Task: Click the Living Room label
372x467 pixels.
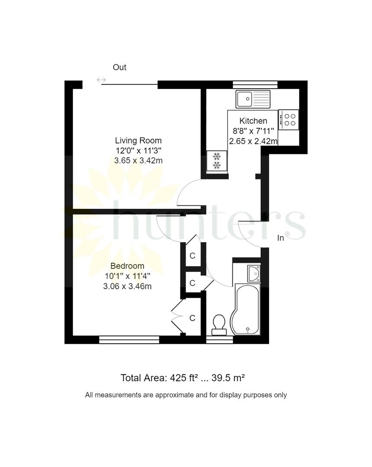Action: pyautogui.click(x=138, y=141)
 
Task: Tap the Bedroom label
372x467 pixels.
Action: pyautogui.click(x=127, y=266)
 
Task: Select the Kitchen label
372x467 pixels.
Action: pyautogui.click(x=253, y=121)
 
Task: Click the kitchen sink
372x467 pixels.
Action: pyautogui.click(x=253, y=99)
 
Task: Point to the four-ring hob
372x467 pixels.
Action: pyautogui.click(x=289, y=120)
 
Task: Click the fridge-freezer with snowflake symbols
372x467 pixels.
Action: pyautogui.click(x=217, y=161)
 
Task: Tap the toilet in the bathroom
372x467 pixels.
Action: pyautogui.click(x=219, y=325)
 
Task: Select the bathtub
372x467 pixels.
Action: pyautogui.click(x=245, y=309)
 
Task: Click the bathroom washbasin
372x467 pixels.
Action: pyautogui.click(x=254, y=273)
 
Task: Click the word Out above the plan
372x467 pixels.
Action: pyautogui.click(x=119, y=67)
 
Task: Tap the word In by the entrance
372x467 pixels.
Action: pyautogui.click(x=281, y=238)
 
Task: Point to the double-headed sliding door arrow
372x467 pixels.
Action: pyautogui.click(x=101, y=80)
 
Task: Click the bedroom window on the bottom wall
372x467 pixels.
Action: pyautogui.click(x=129, y=339)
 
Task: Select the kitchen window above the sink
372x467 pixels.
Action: pyautogui.click(x=255, y=85)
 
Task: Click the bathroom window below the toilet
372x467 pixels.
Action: pyautogui.click(x=219, y=339)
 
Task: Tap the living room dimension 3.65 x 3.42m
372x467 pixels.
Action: pyautogui.click(x=138, y=160)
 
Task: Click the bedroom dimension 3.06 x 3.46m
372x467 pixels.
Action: pyautogui.click(x=127, y=286)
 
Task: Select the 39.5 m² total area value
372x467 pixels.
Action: pyautogui.click(x=228, y=378)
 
